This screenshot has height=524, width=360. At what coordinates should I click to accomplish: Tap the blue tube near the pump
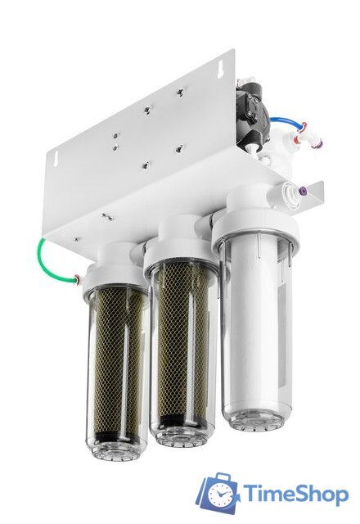(285, 120)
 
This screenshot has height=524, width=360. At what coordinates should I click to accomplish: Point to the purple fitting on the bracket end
(304, 192)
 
